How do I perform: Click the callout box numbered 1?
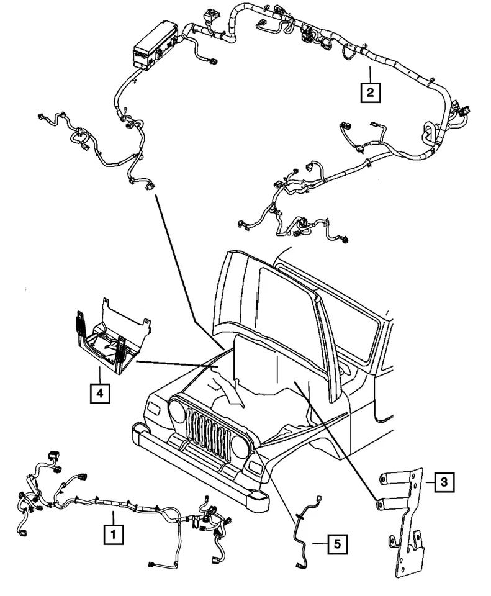(x=113, y=533)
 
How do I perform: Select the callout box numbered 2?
(x=370, y=93)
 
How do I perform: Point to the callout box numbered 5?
(x=336, y=544)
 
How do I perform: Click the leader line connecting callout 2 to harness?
(x=370, y=73)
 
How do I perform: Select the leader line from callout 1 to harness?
(x=113, y=518)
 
